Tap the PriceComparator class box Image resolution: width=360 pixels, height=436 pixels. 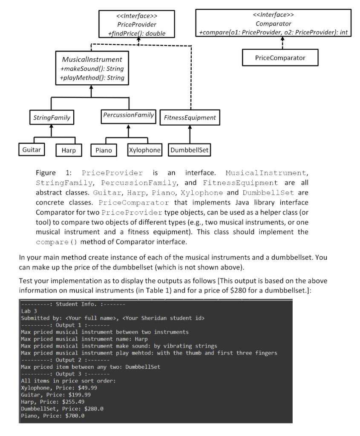coord(280,57)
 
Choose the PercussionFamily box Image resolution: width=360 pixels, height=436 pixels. coord(128,115)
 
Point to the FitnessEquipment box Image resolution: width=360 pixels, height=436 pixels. coord(190,118)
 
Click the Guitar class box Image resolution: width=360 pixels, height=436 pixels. coord(32,150)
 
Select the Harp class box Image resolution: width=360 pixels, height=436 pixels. coord(66,151)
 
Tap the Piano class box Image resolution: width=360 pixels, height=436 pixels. coord(104,151)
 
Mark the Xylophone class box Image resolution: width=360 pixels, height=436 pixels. coord(144,150)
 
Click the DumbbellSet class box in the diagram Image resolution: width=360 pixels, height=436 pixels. coord(190,150)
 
